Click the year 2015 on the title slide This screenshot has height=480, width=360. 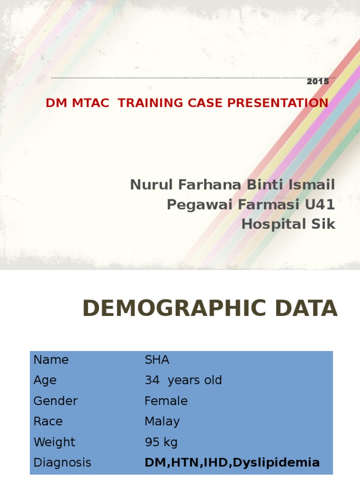coord(318,82)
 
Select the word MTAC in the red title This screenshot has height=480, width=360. coord(92,103)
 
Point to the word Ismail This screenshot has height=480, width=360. coord(314,185)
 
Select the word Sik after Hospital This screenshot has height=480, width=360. coord(324,225)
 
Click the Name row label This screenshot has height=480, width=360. coord(51,360)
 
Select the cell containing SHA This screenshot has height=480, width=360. coord(157,360)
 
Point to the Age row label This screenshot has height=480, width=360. coord(45,381)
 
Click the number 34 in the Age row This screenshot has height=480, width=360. coord(152,380)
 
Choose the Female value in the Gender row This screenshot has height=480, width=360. coord(166,401)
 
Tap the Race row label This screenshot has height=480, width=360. coord(48,421)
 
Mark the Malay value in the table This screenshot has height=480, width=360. coord(162,421)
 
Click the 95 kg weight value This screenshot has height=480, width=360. coord(161,442)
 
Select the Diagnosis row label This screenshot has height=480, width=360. coord(62,463)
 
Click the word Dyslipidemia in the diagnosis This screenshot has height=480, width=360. coord(276,463)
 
